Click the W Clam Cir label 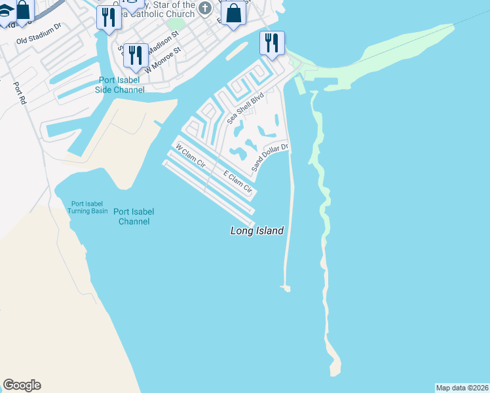[191, 159]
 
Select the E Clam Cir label [238, 181]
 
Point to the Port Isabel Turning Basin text [88, 208]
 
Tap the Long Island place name [257, 231]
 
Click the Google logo [22, 385]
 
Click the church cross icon [205, 9]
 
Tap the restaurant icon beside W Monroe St [136, 56]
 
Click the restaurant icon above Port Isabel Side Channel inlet [108, 16]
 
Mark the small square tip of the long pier [285, 287]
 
